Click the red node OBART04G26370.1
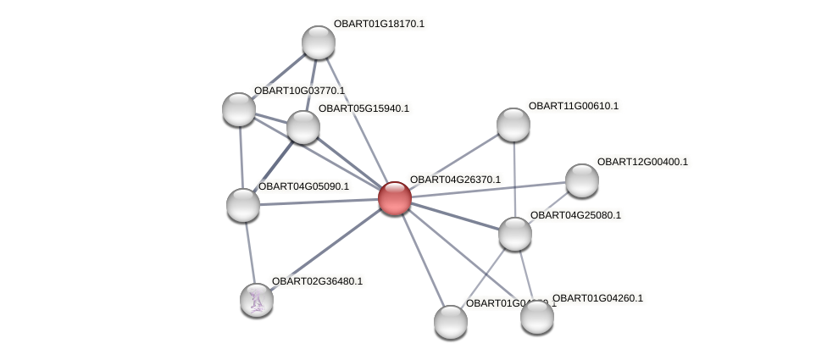coord(394,198)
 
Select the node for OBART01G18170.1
coord(319,42)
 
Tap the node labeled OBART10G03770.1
coord(239,109)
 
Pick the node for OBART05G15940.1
coord(302,127)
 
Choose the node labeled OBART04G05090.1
coord(243,205)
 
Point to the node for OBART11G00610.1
coord(513,125)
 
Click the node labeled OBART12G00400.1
coord(581,180)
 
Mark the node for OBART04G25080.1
coord(514,234)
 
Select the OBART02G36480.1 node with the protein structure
coord(257,300)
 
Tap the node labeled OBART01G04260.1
coord(536,317)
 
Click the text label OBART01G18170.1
coord(379,24)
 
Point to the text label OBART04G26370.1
coord(455,180)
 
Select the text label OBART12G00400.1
coord(642,162)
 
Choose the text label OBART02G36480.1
coord(317,281)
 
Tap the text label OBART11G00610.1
coord(574,106)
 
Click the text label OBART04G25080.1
coord(575,215)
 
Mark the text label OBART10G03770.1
coord(299,91)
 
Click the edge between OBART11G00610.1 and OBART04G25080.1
coord(513,179)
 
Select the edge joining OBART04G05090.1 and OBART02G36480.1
coord(250,252)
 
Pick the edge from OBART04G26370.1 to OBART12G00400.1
coord(487,189)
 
